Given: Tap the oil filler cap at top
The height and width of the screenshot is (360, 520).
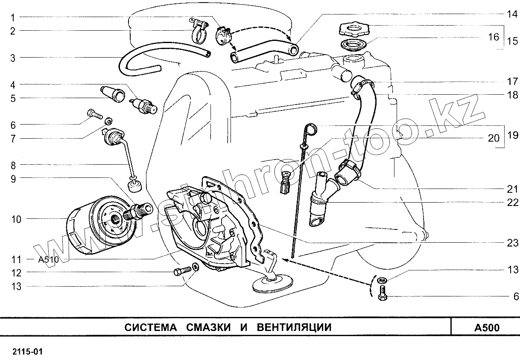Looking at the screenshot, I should (x=353, y=30).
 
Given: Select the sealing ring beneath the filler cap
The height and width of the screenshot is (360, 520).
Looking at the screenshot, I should (x=353, y=44).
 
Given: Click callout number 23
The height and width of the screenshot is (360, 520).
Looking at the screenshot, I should (x=512, y=243).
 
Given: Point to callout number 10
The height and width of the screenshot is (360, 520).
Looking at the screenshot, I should (x=16, y=219).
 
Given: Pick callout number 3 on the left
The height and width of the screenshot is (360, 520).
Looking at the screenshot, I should (x=13, y=58).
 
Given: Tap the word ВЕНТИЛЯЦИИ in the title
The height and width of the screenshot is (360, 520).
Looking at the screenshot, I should (x=294, y=328).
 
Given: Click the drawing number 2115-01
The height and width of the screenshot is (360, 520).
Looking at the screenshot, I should (x=27, y=352).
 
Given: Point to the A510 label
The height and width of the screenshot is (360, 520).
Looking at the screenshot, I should (x=48, y=259).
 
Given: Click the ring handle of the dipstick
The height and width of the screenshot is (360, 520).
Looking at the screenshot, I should (x=311, y=128).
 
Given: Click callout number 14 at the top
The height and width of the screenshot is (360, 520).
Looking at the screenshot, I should (x=512, y=13).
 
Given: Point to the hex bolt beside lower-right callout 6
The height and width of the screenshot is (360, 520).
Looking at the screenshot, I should (x=383, y=294).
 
